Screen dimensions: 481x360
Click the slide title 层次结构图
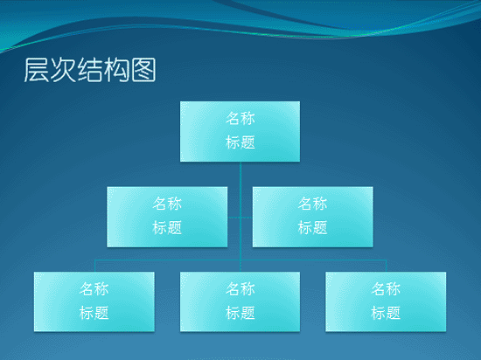90,70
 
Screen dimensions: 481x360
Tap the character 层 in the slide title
36,70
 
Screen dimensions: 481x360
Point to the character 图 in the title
143,70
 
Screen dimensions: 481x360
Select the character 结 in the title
90,70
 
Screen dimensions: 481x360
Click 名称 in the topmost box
240,118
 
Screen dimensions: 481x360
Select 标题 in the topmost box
240,142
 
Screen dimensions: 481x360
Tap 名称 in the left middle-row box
167,204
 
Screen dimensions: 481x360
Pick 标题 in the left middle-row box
167,228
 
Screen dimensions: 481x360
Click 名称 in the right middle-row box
312,204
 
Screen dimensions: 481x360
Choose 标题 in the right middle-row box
312,228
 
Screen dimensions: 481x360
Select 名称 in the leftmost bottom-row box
94,288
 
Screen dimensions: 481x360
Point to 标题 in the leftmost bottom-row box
94,313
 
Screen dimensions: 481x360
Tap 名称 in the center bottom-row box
240,288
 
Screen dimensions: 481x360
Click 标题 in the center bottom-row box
240,313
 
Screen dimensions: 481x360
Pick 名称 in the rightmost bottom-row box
386,288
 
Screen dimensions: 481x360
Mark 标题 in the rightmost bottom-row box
386,313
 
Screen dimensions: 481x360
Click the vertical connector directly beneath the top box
240,217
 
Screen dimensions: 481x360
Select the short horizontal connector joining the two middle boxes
240,218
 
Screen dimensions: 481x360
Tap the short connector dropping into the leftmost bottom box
94,266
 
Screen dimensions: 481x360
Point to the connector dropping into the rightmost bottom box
386,266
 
